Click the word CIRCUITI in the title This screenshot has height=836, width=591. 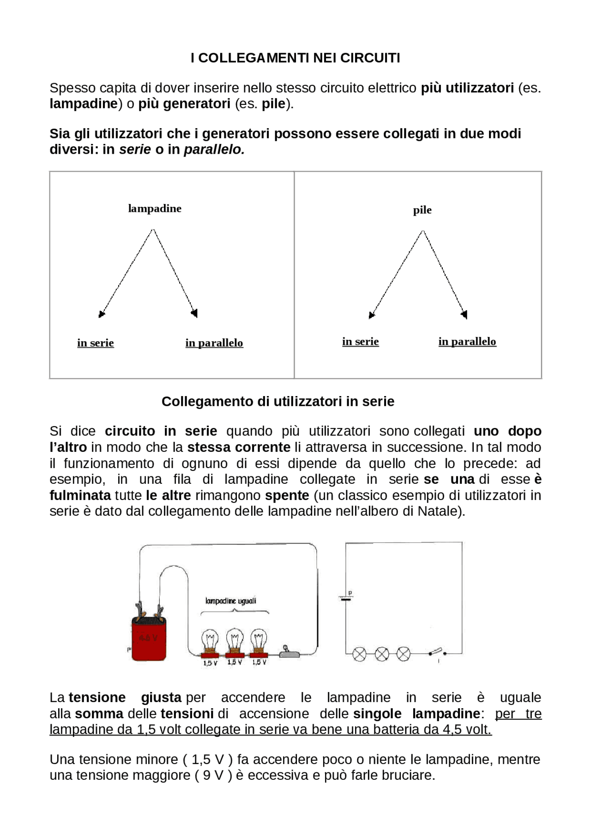tap(370, 58)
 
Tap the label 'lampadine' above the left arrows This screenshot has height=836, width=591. tap(155, 209)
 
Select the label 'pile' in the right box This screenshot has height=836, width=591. tap(422, 211)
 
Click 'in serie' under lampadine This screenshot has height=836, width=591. tap(96, 343)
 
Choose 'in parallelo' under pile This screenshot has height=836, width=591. tap(467, 342)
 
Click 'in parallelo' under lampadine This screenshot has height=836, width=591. tap(214, 343)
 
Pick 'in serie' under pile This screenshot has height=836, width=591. tap(360, 342)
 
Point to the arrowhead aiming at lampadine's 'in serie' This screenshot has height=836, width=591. tap(102, 314)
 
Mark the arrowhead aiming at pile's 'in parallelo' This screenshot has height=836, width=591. tap(464, 314)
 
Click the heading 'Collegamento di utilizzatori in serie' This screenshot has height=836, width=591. tap(278, 402)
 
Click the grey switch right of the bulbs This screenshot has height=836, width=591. tap(289, 651)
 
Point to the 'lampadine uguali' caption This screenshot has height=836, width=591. tap(230, 601)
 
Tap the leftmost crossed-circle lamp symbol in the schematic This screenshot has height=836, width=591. tap(359, 654)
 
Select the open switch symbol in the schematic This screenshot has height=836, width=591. tap(437, 652)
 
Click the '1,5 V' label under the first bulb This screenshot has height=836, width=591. tap(210, 663)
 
